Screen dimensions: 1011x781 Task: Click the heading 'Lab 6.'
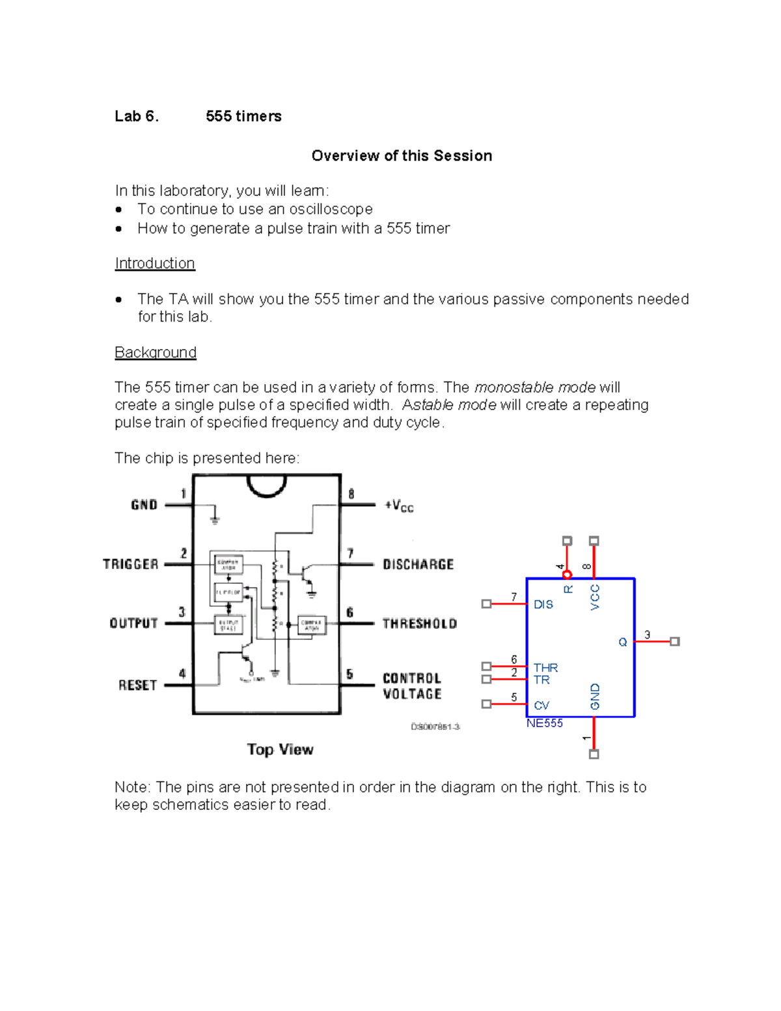(136, 117)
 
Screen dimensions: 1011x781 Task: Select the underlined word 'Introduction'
(155, 264)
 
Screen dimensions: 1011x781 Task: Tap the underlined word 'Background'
(156, 353)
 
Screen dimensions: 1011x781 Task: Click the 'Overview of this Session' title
(402, 156)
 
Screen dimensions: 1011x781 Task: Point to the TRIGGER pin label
(131, 564)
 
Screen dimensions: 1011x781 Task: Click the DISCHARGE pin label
(418, 564)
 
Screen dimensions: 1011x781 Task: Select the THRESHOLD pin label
(419, 624)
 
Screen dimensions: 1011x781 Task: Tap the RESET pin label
(137, 686)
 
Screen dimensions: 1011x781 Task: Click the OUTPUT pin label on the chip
(133, 624)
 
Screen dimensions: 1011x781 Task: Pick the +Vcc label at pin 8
(399, 506)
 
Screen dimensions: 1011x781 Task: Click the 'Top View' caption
(280, 749)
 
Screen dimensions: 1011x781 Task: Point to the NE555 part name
(544, 723)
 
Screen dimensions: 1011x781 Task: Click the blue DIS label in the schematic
(543, 605)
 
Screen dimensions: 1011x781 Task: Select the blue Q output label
(622, 643)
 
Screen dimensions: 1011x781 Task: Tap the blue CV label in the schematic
(541, 706)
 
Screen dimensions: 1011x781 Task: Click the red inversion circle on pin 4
(567, 574)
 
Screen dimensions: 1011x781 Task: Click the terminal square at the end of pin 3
(675, 642)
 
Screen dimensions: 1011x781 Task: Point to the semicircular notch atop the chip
(267, 485)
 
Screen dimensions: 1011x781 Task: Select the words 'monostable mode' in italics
(535, 388)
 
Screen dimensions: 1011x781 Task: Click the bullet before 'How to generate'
(118, 229)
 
